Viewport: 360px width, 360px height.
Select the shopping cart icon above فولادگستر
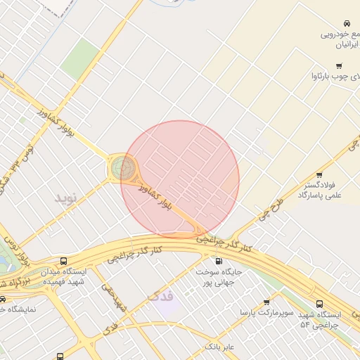[x=319, y=174]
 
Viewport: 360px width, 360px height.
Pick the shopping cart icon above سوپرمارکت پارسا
[x=266, y=302]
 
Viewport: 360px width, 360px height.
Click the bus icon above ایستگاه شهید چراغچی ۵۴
[x=320, y=304]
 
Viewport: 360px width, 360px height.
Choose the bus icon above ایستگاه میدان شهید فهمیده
[x=64, y=261]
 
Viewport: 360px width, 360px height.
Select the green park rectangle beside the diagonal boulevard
[x=80, y=58]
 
